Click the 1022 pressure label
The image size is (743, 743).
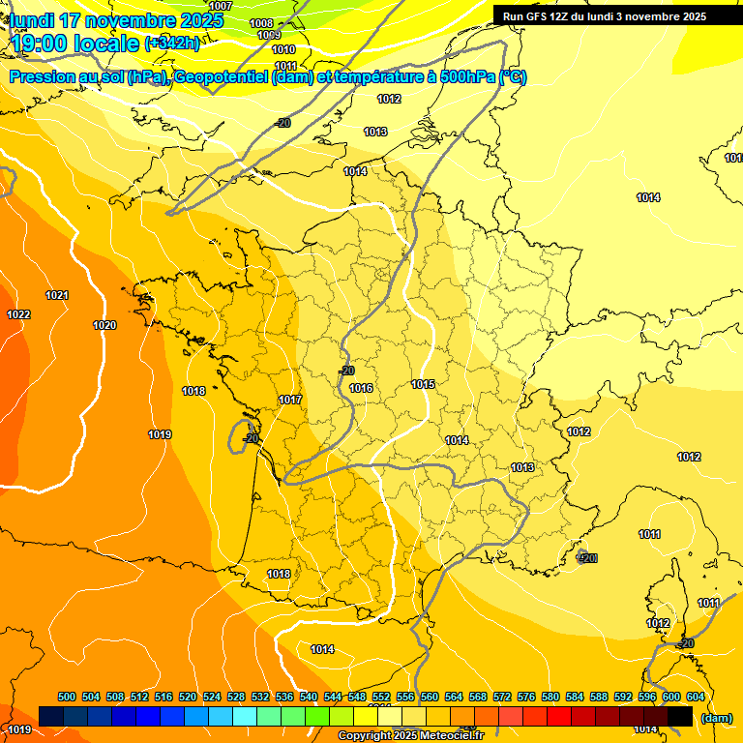[x=18, y=314]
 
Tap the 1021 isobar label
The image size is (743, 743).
[x=57, y=295]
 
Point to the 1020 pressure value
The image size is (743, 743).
[x=104, y=325]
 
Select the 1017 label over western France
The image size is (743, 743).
[x=290, y=400]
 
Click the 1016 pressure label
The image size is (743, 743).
[x=362, y=388]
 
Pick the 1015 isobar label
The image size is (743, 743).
[x=423, y=384]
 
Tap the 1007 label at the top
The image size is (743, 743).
[x=221, y=6]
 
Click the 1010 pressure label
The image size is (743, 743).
[x=283, y=49]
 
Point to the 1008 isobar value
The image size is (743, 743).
[x=261, y=23]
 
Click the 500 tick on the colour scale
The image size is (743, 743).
[x=67, y=697]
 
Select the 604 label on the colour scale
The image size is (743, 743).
[x=695, y=697]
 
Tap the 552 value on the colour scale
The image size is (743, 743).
[x=381, y=697]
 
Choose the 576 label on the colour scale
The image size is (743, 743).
[x=526, y=697]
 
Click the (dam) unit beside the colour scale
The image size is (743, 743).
[x=716, y=718]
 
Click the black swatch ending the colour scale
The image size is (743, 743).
[x=680, y=716]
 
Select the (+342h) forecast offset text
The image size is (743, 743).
[x=172, y=44]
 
